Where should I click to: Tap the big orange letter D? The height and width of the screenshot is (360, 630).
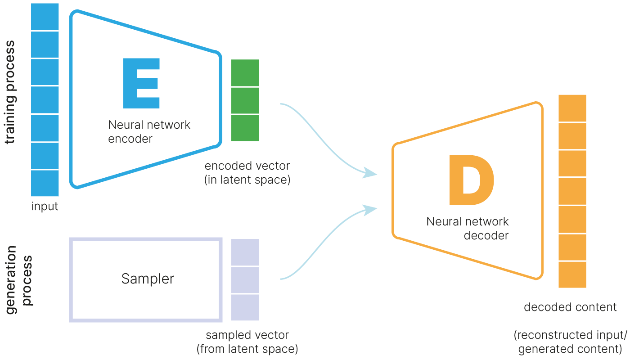pyautogui.click(x=471, y=180)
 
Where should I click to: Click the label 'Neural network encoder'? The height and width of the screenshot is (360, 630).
pyautogui.click(x=149, y=131)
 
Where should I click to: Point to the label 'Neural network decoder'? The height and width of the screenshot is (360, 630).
pyautogui.click(x=468, y=228)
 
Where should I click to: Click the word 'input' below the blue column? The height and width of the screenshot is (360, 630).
pyautogui.click(x=45, y=207)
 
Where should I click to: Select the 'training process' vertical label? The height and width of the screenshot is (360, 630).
pyautogui.click(x=10, y=92)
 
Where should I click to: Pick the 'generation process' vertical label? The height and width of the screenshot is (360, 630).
pyautogui.click(x=18, y=275)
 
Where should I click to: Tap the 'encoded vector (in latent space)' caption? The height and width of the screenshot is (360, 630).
pyautogui.click(x=247, y=173)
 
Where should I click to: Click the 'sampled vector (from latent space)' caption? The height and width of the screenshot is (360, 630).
pyautogui.click(x=247, y=342)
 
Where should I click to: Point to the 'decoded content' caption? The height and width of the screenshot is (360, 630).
pyautogui.click(x=570, y=307)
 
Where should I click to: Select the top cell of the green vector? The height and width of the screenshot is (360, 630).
pyautogui.click(x=245, y=72)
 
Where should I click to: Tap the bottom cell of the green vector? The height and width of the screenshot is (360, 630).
pyautogui.click(x=245, y=128)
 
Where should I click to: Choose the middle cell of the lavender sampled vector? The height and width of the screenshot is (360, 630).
pyautogui.click(x=245, y=280)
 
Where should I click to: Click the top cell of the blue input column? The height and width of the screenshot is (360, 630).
pyautogui.click(x=45, y=17)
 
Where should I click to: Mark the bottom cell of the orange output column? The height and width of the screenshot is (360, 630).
pyautogui.click(x=572, y=274)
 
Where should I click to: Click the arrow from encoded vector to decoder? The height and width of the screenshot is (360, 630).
pyautogui.click(x=328, y=139)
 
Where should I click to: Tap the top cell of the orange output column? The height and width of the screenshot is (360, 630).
pyautogui.click(x=572, y=108)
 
